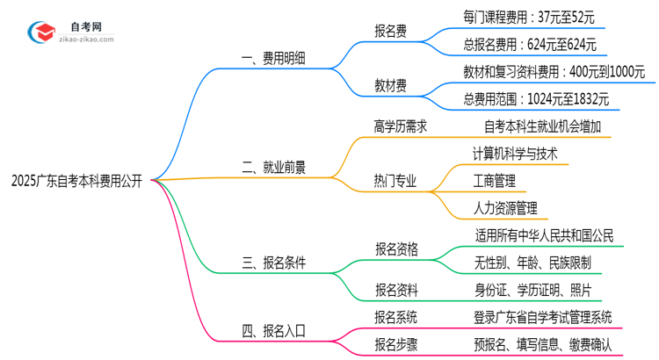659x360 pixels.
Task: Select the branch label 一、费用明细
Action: pos(272,60)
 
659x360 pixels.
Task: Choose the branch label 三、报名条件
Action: pos(272,262)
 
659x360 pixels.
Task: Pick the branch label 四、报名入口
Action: pos(272,331)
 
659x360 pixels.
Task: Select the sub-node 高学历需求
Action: pos(401,126)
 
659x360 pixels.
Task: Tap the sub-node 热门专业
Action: pos(395,182)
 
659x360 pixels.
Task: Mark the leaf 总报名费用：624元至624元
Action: pos(530,44)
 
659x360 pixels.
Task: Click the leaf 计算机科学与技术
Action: pos(514,154)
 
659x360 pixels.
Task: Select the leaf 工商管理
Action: pos(493,181)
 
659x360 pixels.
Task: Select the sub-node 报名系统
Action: pos(395,317)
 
